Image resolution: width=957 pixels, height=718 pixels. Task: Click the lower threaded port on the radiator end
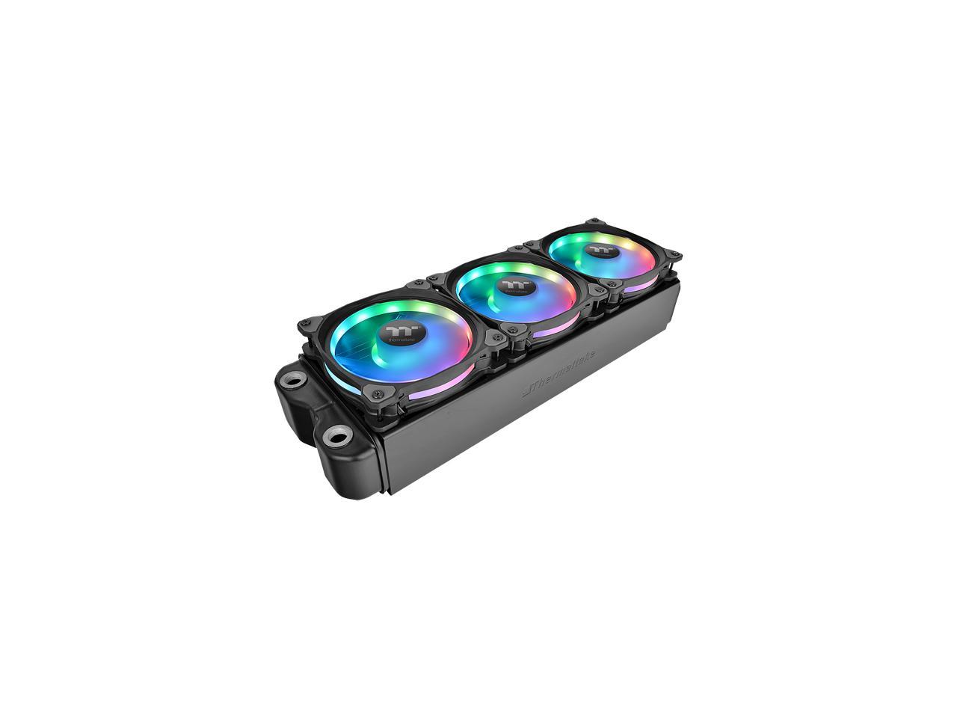(339, 434)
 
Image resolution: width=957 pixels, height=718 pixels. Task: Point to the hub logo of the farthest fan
(598, 249)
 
